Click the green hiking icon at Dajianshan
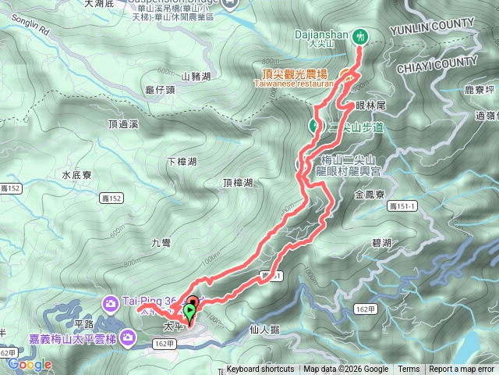360,36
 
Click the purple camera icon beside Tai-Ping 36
111,302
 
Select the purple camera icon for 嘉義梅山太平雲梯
129,337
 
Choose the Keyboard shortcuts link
260,370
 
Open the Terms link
409,370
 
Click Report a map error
462,370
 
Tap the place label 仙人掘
264,329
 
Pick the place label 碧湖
382,243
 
